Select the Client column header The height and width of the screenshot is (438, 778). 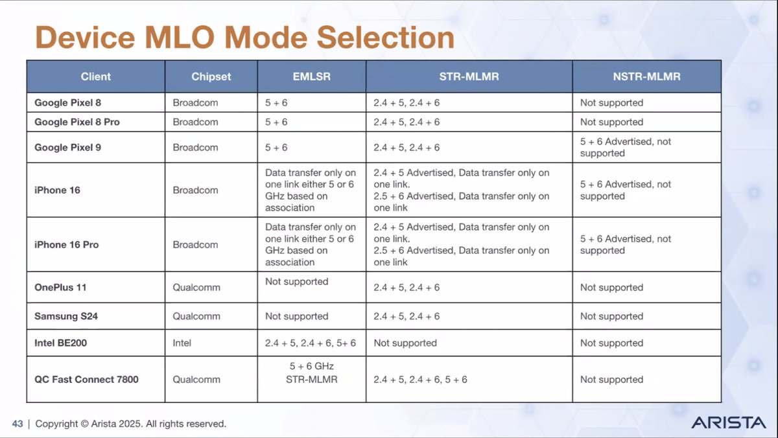[96, 76]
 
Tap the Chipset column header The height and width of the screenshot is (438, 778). [211, 76]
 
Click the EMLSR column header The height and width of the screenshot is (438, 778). [311, 76]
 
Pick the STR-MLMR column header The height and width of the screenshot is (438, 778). [469, 76]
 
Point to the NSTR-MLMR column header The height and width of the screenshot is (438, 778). [646, 76]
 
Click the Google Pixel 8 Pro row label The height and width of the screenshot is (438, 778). [77, 122]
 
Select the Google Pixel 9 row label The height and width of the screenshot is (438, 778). [68, 147]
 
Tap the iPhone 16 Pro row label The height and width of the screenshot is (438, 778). [67, 244]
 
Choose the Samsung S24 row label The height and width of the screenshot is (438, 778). [67, 316]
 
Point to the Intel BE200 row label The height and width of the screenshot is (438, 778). [60, 343]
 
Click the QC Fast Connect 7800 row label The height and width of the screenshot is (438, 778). [86, 379]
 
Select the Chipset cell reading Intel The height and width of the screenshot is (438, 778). [182, 343]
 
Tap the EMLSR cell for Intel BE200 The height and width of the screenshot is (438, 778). [311, 343]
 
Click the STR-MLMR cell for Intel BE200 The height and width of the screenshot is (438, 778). [405, 343]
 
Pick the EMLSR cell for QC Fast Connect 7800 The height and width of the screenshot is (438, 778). [311, 373]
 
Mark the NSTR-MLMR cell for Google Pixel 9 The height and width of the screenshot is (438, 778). [625, 147]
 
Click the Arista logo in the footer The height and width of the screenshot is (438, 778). [729, 422]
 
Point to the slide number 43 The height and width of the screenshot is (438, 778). [18, 424]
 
